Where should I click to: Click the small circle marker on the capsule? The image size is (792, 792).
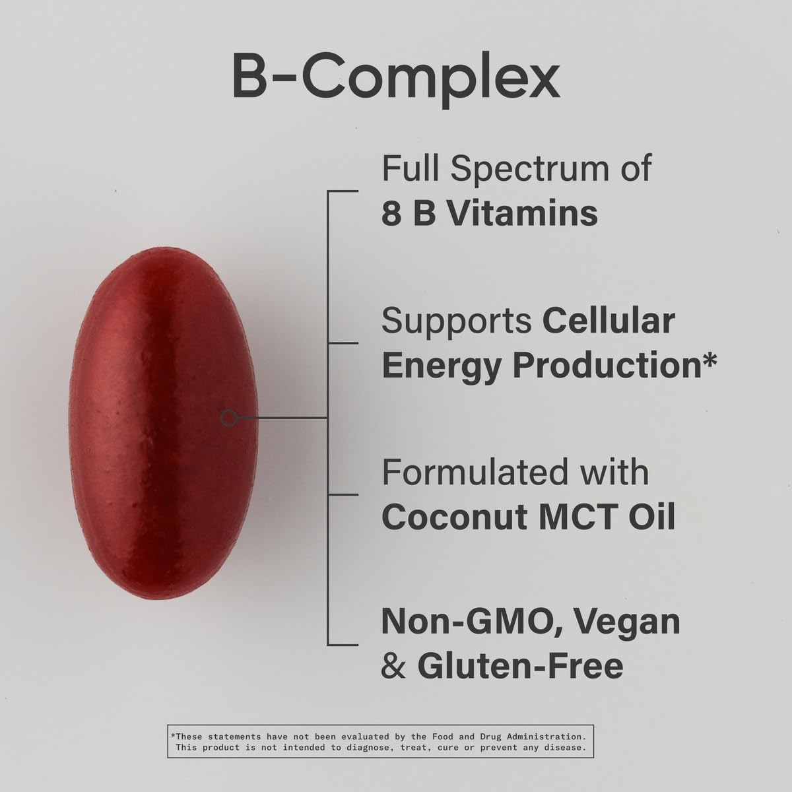click(x=229, y=418)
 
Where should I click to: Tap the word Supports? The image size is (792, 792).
click(x=457, y=321)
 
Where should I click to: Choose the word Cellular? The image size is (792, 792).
click(x=609, y=320)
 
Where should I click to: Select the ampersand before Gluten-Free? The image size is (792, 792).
click(x=393, y=665)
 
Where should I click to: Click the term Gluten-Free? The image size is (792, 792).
click(x=520, y=665)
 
